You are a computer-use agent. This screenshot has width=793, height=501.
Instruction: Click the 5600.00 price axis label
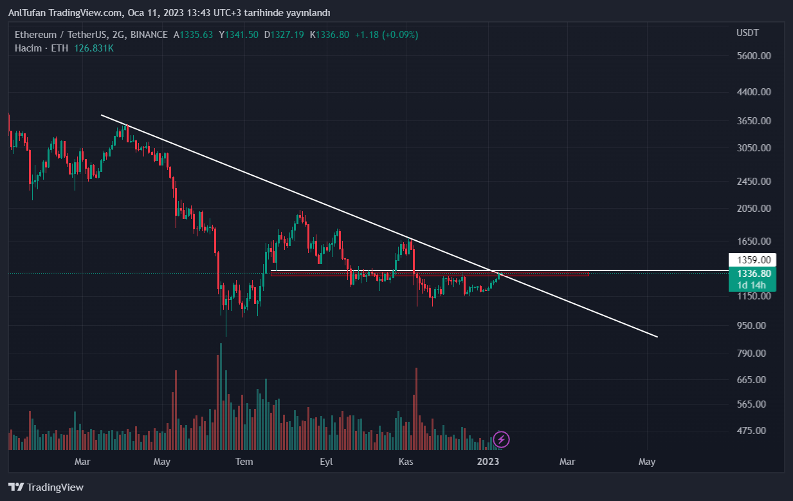[754, 56]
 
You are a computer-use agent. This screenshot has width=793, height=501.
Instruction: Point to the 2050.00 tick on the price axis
[754, 209]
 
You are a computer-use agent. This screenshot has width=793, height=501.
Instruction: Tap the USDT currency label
[747, 33]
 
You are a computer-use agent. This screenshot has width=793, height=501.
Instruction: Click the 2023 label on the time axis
[488, 461]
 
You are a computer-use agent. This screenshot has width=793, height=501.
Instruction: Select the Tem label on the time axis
[244, 461]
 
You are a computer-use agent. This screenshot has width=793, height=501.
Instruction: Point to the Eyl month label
[326, 461]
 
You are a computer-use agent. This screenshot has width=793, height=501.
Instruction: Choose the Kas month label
[406, 461]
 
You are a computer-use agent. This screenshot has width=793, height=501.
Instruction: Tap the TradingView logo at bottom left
[46, 487]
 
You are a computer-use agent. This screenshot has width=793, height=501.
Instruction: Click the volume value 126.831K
[94, 48]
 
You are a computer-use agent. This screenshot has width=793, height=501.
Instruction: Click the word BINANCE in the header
[149, 35]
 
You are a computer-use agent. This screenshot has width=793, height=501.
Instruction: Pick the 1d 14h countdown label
[751, 285]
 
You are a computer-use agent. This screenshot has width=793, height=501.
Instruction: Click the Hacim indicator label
[28, 48]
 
